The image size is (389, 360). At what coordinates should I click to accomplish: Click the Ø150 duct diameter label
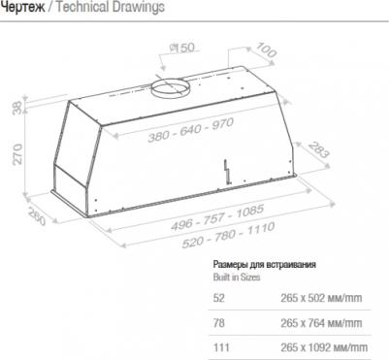tap(182, 48)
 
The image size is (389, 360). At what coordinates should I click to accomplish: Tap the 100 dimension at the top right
tap(266, 50)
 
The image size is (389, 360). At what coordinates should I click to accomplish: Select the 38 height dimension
tap(17, 107)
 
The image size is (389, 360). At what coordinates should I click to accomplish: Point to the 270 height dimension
tap(17, 154)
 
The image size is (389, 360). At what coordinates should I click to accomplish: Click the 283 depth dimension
tap(318, 149)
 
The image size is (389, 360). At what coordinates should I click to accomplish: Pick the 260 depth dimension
tap(37, 216)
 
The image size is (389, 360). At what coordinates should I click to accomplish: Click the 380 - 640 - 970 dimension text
tap(190, 130)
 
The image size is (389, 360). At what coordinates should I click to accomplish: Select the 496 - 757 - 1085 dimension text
tap(217, 217)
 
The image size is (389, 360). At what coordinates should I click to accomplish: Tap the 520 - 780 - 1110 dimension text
tap(228, 235)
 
